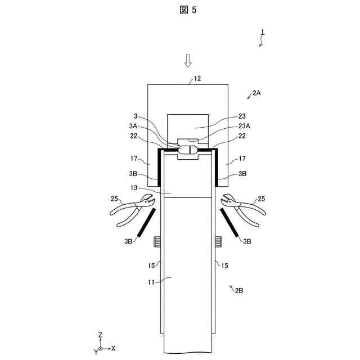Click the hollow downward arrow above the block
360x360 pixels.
pos(188,60)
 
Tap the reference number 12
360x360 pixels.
pos(197,79)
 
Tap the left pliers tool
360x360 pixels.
pos(133,209)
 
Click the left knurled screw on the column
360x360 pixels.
pos(157,242)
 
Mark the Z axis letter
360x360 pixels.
pos(100,335)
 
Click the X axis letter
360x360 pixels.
pos(114,348)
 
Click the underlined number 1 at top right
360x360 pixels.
pos(262,33)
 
